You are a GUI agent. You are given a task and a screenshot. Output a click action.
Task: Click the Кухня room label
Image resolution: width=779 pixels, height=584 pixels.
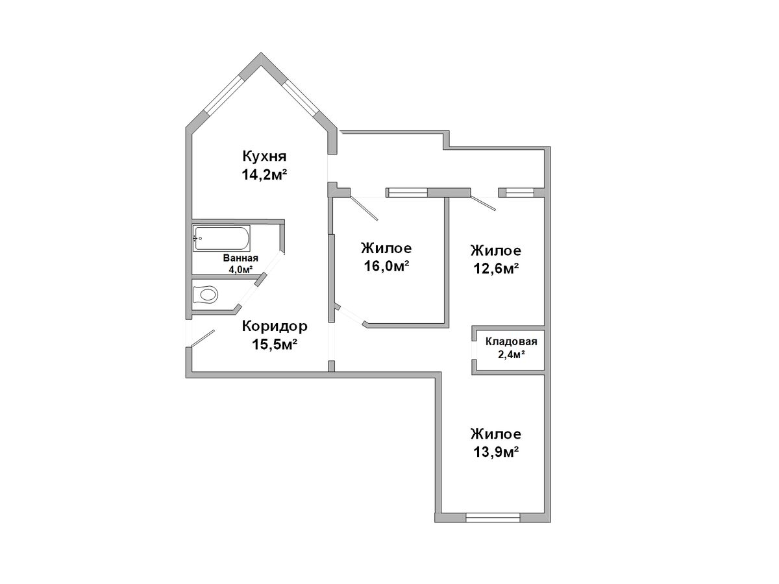click(x=264, y=156)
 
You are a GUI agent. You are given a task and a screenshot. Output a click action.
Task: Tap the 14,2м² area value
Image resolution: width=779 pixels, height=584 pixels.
click(x=264, y=175)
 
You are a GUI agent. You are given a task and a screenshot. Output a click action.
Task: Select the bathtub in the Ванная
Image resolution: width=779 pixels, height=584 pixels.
click(x=221, y=238)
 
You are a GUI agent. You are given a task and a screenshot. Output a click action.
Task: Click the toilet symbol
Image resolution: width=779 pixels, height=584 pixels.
click(x=204, y=295)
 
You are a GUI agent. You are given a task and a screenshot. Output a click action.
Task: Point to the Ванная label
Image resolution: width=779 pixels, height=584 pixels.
click(x=240, y=258)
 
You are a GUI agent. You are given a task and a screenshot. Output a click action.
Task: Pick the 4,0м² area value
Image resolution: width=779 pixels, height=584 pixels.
click(x=240, y=269)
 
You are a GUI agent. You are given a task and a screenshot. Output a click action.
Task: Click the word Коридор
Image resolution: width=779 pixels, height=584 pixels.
click(x=275, y=326)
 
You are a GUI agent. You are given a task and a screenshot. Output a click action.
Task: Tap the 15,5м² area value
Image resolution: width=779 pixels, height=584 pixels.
click(x=275, y=345)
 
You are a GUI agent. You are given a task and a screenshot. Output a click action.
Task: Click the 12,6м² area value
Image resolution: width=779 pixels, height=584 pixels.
click(x=496, y=269)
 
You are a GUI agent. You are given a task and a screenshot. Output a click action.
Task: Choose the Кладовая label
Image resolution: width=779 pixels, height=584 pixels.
click(x=511, y=342)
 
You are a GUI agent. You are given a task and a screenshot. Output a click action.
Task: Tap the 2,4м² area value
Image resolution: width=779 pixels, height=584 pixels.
click(x=512, y=354)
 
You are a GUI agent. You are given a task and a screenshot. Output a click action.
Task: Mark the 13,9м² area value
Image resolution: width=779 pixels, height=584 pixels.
click(x=496, y=452)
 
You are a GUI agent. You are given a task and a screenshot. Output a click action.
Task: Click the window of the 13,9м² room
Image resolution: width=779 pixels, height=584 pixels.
click(x=493, y=518)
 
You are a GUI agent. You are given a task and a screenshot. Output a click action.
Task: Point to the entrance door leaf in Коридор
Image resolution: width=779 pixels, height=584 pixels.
click(x=203, y=338)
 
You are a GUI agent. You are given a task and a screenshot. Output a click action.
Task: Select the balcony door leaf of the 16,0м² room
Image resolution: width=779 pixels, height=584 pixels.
click(x=364, y=208)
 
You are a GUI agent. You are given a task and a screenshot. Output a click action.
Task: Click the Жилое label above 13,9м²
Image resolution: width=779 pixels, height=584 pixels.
click(x=496, y=434)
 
